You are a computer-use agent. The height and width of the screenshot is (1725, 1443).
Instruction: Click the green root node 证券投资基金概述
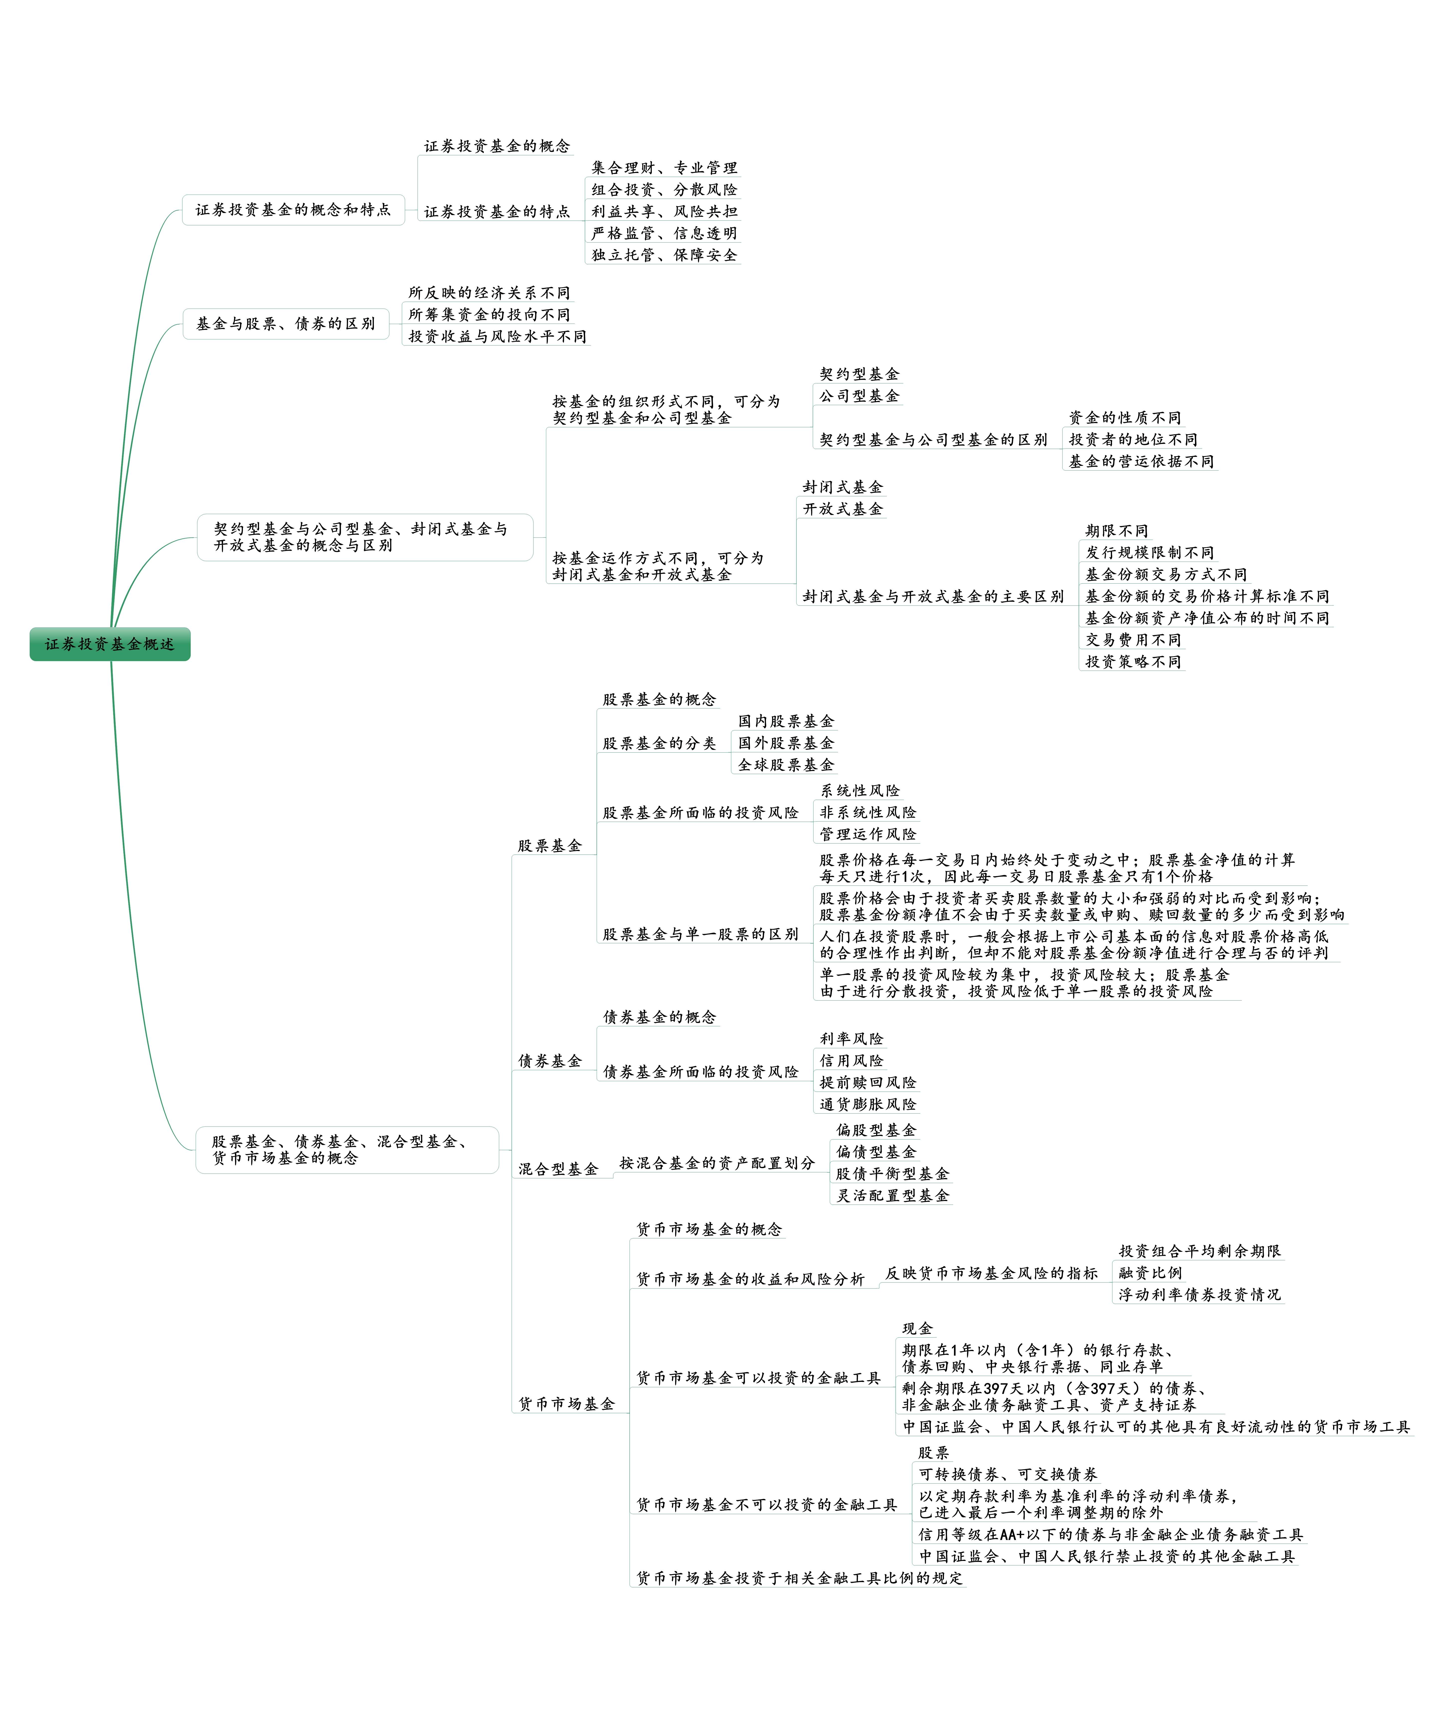pyautogui.click(x=110, y=644)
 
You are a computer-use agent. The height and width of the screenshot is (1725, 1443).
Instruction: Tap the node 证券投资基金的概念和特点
pyautogui.click(x=293, y=209)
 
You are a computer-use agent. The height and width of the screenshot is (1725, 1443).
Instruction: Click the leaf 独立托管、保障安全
pyautogui.click(x=664, y=255)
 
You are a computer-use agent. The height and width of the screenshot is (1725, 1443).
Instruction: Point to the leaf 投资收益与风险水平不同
pyautogui.click(x=497, y=336)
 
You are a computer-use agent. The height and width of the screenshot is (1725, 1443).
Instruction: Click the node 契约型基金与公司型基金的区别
pyautogui.click(x=933, y=439)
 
